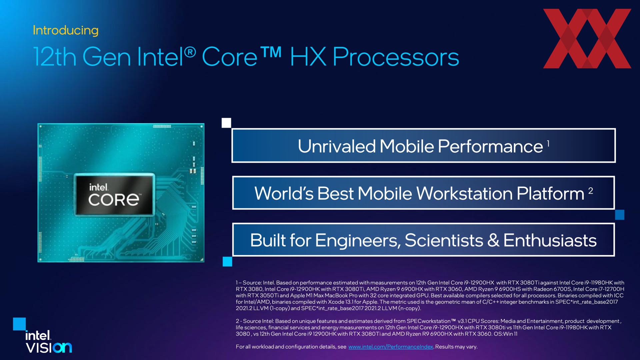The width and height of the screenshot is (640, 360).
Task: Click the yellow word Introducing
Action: tap(66, 30)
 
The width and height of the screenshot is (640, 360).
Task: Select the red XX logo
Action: tap(587, 38)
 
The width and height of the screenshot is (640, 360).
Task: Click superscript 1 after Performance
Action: tap(548, 143)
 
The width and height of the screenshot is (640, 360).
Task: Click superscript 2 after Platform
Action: tap(591, 191)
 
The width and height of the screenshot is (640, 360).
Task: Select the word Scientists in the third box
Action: tap(444, 240)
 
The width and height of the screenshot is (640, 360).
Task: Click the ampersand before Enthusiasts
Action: tap(493, 240)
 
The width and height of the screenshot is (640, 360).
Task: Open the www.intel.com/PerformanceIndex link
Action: tap(391, 347)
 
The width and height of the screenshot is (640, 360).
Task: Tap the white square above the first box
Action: tap(226, 123)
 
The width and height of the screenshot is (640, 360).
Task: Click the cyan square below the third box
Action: tap(227, 262)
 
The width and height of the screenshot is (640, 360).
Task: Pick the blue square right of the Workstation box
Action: tap(620, 215)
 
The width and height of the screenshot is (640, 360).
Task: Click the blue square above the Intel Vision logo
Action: tap(19, 324)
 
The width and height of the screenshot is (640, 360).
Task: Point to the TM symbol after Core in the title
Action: tap(271, 53)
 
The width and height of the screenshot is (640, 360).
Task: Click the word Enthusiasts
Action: tap(550, 240)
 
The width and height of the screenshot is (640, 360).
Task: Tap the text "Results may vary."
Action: tap(456, 347)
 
